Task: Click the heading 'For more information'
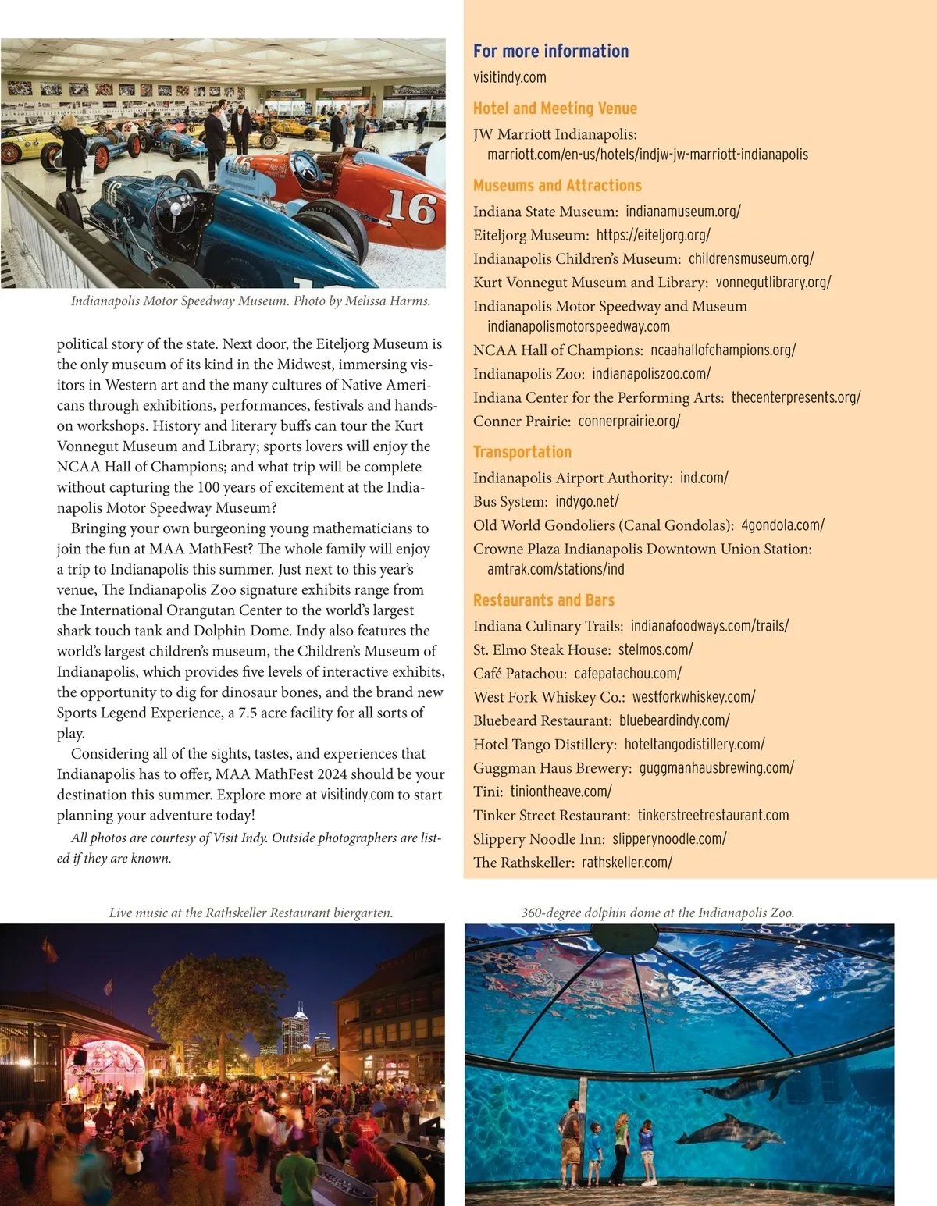point(550,52)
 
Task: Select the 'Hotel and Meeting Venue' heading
point(554,109)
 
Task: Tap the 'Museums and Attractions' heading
point(557,186)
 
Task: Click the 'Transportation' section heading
point(522,452)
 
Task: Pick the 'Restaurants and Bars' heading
point(543,600)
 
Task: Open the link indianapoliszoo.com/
point(650,374)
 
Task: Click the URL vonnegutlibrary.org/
point(773,282)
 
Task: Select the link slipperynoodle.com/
point(669,839)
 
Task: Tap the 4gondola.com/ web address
point(782,525)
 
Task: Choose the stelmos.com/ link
point(655,649)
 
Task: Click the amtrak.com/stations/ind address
point(555,569)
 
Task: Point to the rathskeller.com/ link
point(626,863)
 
